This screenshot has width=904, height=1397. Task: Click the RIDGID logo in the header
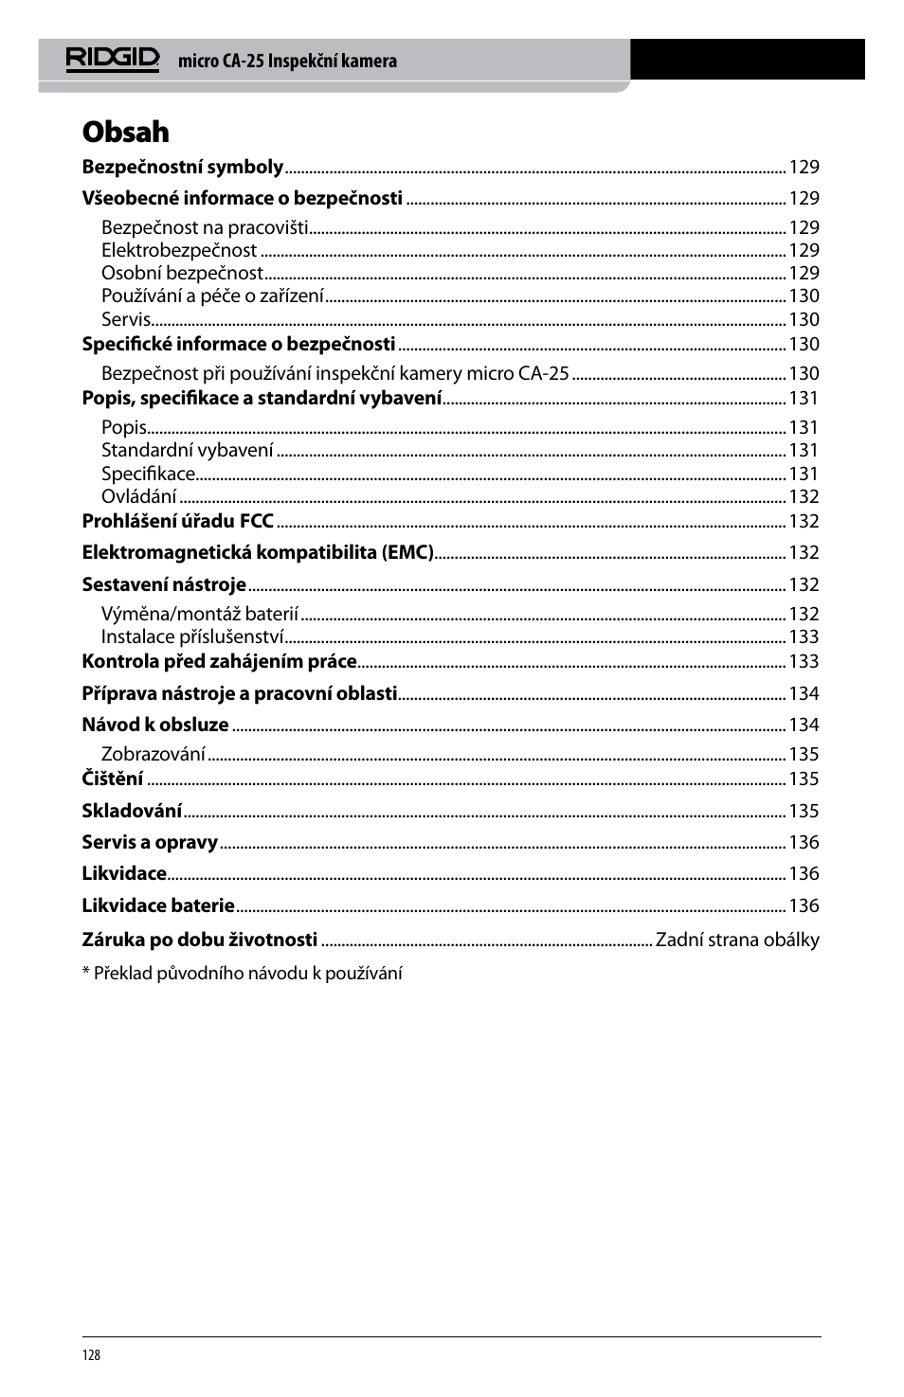112,59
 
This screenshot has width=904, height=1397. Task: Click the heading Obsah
125,132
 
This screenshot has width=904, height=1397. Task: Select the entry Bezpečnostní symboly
182,168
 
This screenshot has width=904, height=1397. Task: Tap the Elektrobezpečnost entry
179,251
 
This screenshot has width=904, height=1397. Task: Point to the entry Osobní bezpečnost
182,274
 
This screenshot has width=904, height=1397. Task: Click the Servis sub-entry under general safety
126,320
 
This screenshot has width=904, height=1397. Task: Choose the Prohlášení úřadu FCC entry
177,521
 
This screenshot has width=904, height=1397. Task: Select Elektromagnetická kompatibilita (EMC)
258,553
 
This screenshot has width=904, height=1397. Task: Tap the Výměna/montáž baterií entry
200,615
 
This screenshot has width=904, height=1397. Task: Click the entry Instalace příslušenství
192,637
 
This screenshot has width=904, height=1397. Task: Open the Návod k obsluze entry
155,725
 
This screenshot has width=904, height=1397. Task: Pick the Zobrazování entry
154,755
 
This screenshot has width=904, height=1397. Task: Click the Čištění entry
113,779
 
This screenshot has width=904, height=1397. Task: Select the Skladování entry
132,812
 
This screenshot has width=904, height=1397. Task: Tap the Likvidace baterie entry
158,906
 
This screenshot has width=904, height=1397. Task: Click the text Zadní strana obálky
737,940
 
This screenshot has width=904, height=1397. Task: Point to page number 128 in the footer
91,1355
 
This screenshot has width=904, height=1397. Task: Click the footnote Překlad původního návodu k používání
246,974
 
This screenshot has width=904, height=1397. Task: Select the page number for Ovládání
804,497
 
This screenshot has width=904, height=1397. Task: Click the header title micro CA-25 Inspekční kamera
287,62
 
